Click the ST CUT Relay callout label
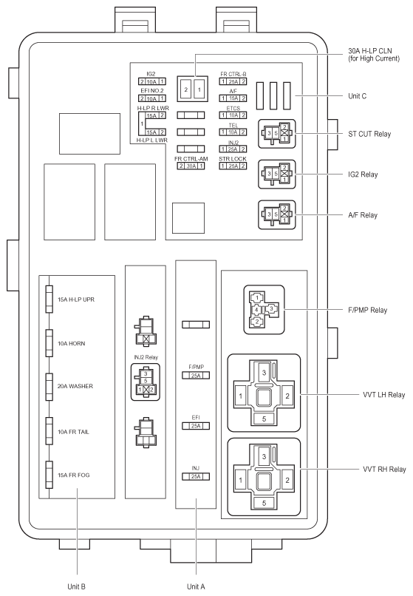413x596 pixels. [369, 134]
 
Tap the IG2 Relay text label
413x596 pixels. [363, 175]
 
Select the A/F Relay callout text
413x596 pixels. [363, 215]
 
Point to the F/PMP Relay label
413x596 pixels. [367, 310]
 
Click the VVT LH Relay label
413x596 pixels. [383, 395]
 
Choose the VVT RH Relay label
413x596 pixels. [384, 470]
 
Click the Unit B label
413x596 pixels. [76, 586]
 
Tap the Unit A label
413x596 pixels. [196, 586]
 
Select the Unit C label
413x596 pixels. [357, 96]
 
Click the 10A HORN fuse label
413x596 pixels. [71, 344]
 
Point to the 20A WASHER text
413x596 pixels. [75, 386]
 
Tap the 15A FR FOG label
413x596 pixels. [73, 475]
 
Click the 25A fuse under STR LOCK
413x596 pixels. [233, 166]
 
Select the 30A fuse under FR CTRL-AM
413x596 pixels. [191, 166]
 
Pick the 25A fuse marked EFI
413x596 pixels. [196, 426]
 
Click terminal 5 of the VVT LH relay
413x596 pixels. [264, 419]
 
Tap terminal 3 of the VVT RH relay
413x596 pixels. [264, 456]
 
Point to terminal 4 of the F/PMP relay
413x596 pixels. [257, 310]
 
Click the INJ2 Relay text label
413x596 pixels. [146, 357]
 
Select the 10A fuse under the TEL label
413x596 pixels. [233, 132]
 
